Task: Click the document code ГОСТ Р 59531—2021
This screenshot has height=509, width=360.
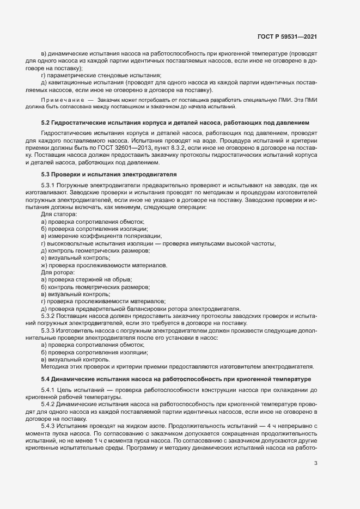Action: (x=287, y=36)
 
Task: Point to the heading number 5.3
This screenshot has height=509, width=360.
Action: (x=46, y=174)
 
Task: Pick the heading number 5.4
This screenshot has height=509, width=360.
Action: (x=46, y=378)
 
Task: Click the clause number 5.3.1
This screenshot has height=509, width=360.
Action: (x=49, y=185)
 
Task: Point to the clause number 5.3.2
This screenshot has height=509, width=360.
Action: (x=49, y=316)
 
